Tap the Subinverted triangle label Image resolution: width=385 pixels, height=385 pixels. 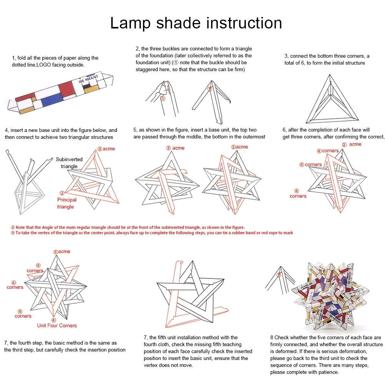click(x=69, y=163)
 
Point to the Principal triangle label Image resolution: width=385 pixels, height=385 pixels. click(x=67, y=203)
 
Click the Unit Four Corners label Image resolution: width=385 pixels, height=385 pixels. click(x=57, y=325)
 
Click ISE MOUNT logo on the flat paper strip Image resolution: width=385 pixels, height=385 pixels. click(x=88, y=79)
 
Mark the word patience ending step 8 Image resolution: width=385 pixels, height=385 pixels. click(x=328, y=372)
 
